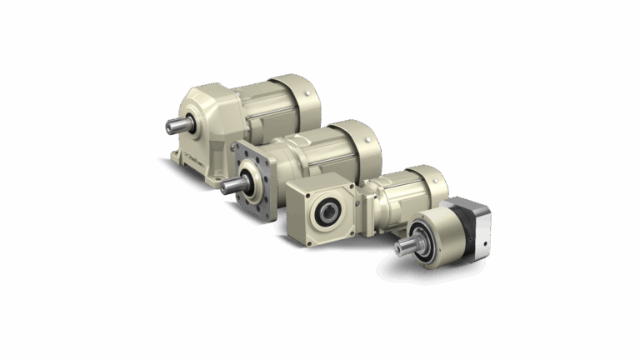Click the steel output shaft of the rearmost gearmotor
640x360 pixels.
pyautogui.click(x=177, y=125)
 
